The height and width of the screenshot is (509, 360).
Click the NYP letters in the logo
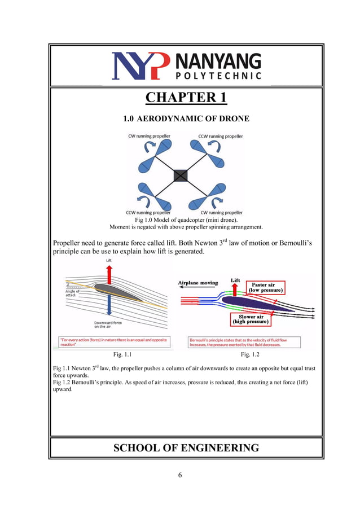tap(140, 66)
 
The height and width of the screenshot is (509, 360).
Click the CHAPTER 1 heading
tap(186, 98)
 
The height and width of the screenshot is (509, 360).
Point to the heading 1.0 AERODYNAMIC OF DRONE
tap(186, 119)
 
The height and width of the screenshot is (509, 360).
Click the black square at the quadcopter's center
tap(180, 175)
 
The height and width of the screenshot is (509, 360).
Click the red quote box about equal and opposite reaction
tap(113, 341)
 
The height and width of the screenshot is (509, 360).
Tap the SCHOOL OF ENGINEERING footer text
tap(186, 448)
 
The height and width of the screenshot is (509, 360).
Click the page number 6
tap(180, 475)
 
